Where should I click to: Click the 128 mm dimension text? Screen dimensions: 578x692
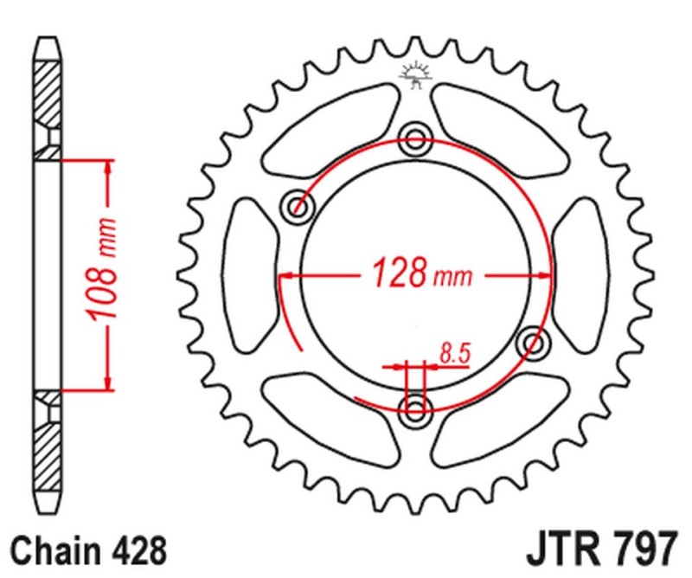click(x=422, y=274)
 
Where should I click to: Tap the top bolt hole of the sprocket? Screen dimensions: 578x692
click(x=416, y=136)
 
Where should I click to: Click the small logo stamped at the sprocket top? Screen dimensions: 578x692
click(x=415, y=75)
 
